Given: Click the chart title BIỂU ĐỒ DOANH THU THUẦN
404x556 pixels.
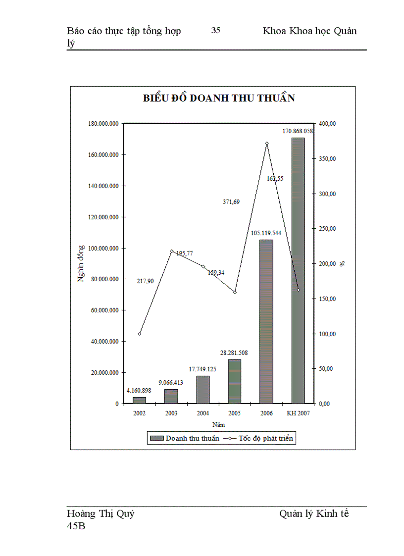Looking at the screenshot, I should (219, 98).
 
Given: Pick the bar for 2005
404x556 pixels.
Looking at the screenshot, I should (235, 381).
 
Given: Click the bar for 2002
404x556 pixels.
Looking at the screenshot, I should (140, 400).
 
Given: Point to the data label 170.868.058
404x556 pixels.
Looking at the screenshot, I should (298, 131).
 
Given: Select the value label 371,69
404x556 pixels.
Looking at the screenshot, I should (230, 202).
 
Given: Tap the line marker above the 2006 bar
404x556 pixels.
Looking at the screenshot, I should (266, 144).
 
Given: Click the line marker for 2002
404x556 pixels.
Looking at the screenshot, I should (140, 334).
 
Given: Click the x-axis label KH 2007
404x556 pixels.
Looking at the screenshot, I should (298, 413).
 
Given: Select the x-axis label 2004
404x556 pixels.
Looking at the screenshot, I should (203, 413).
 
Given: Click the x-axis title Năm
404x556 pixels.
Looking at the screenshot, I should (219, 425).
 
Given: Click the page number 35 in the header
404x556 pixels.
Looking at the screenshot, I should (216, 31).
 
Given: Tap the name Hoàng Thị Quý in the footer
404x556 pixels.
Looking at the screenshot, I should (101, 513).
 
